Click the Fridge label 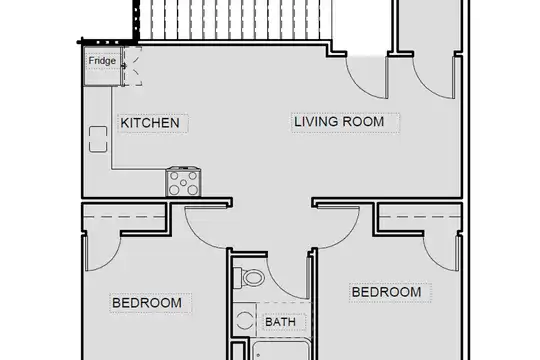click(x=102, y=61)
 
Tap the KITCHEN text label click(x=150, y=123)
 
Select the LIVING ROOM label click(x=339, y=122)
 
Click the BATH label click(x=281, y=322)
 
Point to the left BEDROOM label click(x=147, y=303)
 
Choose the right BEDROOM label click(x=386, y=292)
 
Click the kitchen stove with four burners click(x=184, y=182)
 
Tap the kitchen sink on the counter click(x=98, y=139)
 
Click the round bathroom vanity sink click(x=244, y=320)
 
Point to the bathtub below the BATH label click(x=281, y=350)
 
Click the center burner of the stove click(x=184, y=183)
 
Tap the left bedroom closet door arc click(x=111, y=259)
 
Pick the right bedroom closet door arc click(x=433, y=259)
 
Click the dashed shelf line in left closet click(x=125, y=217)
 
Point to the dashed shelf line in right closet click(x=419, y=217)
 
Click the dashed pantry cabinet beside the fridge click(x=133, y=66)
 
